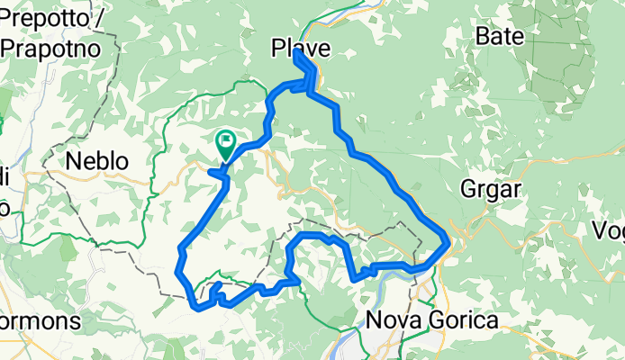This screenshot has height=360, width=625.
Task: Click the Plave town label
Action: pos(301,49)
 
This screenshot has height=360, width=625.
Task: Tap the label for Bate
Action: pos(497,37)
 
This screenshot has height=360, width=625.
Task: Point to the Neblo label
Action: pos(97,162)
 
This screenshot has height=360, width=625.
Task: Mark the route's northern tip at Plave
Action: pos(296,52)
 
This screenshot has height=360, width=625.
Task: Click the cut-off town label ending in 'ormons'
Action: pos(41,320)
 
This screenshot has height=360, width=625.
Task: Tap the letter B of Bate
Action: pos(481,37)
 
